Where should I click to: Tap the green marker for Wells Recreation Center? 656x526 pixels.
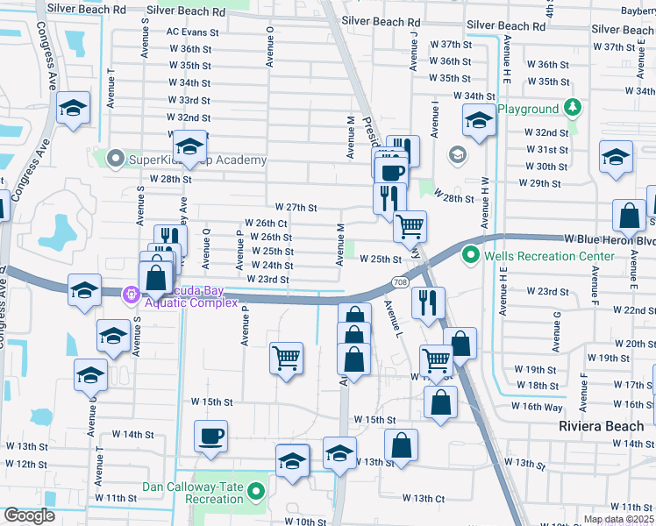click(x=472, y=256)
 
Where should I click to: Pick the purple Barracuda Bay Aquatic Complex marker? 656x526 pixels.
click(x=132, y=294)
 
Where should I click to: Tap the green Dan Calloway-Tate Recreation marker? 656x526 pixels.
click(x=257, y=492)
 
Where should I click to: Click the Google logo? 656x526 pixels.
click(x=30, y=515)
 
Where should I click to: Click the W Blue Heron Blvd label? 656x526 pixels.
click(x=610, y=238)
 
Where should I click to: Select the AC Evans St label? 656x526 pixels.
click(x=192, y=32)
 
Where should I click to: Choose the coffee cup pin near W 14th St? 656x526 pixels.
click(x=210, y=436)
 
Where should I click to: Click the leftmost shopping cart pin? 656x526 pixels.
click(x=286, y=358)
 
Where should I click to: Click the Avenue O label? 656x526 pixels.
click(x=270, y=46)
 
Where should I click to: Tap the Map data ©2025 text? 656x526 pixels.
click(x=618, y=519)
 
